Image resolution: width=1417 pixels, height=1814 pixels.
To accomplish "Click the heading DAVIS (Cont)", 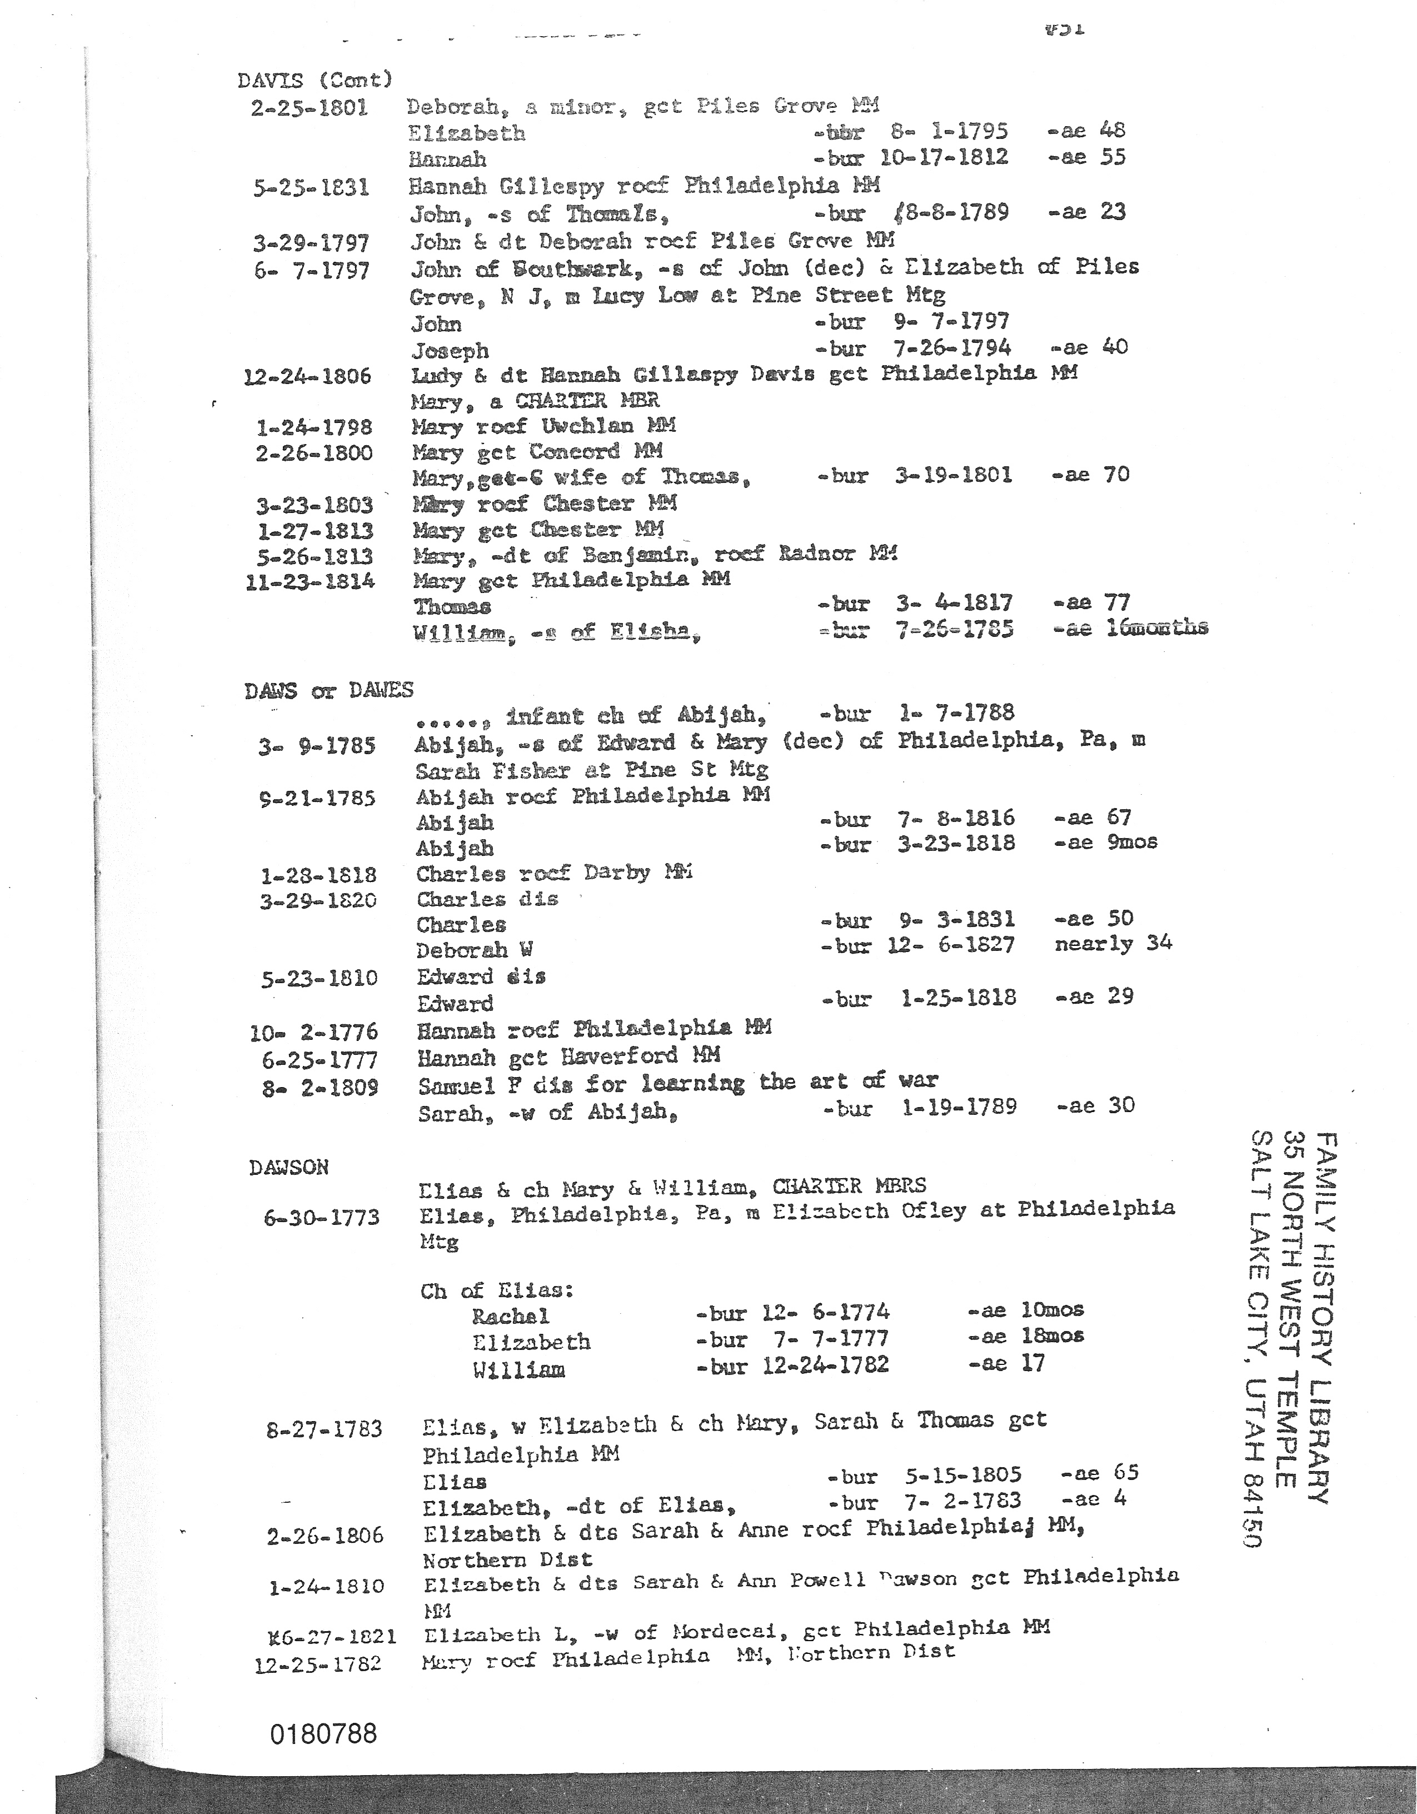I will (x=314, y=81).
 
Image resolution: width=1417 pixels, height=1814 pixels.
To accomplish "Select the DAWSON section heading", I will (x=288, y=1167).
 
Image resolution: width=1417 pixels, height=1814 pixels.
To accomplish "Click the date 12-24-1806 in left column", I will (x=307, y=376).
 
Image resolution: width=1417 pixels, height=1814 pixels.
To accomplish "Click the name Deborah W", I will (x=474, y=950).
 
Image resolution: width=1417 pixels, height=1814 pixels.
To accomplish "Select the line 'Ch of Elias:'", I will (x=497, y=1290).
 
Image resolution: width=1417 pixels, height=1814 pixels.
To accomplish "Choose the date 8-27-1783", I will (x=324, y=1429).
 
